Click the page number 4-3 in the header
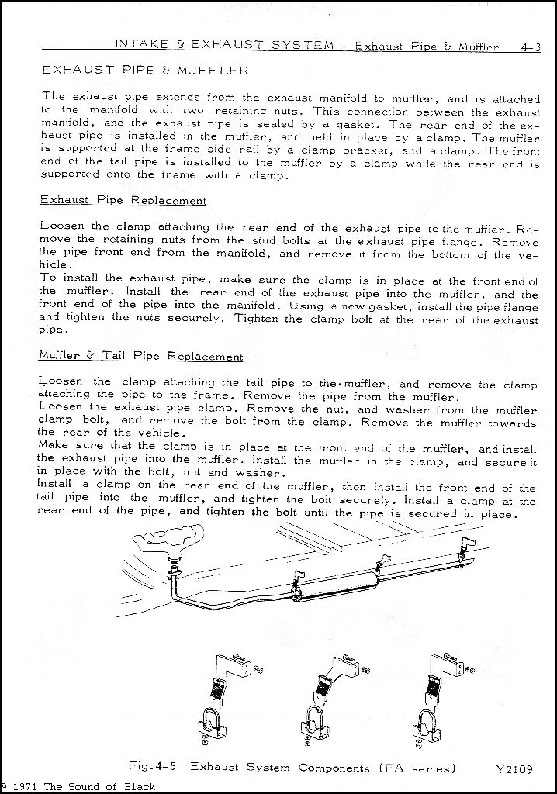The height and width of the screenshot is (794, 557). coord(531,47)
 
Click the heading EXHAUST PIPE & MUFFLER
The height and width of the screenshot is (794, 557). coord(145,71)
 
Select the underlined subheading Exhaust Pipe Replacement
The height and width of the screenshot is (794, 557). coord(123,201)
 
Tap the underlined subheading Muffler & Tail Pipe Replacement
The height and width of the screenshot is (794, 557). coord(140,357)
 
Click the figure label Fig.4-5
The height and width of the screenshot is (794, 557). coord(152,768)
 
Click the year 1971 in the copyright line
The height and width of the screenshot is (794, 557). coord(26,786)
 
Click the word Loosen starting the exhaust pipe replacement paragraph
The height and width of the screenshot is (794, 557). coord(61,227)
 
